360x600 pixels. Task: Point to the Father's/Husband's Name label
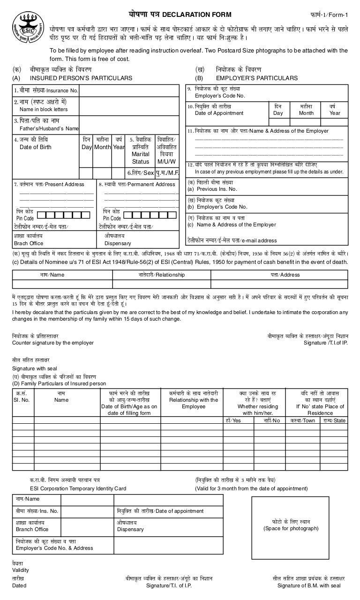pyautogui.click(x=49, y=128)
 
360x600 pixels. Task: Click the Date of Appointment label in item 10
pyautogui.click(x=219, y=113)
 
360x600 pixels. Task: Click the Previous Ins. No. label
pyautogui.click(x=212, y=189)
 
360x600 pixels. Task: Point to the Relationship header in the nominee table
pyautogui.click(x=161, y=275)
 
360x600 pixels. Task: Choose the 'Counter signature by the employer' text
pyautogui.click(x=52, y=343)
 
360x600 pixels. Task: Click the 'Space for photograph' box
pyautogui.click(x=291, y=525)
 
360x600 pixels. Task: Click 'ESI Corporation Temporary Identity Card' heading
pyautogui.click(x=78, y=488)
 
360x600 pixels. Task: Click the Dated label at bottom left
pyautogui.click(x=19, y=585)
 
